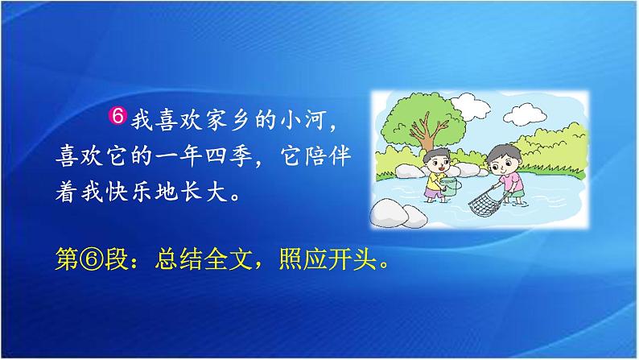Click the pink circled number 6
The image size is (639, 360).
(x=117, y=116)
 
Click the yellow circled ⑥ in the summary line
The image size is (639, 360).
(x=92, y=259)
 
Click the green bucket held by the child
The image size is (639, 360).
(x=451, y=186)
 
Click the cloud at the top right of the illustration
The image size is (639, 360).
(x=525, y=114)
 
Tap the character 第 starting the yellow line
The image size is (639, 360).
(x=67, y=259)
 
